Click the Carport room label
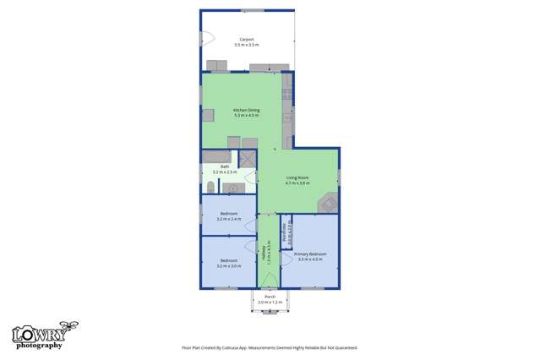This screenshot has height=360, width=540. [x=248, y=39]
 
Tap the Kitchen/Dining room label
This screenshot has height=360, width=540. [x=247, y=111]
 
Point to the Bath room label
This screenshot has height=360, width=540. [x=225, y=166]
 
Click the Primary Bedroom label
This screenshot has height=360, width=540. [x=310, y=254]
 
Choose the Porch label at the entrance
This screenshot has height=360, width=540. [x=270, y=297]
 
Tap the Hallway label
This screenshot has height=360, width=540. [x=269, y=252]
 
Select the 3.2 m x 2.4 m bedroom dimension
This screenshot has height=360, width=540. [x=228, y=219]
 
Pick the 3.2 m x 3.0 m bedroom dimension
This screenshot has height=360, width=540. [x=228, y=265]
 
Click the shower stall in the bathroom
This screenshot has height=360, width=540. [x=248, y=158]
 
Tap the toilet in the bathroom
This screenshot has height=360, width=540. [x=210, y=187]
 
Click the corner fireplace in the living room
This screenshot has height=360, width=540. [x=328, y=203]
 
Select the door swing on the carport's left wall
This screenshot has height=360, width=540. [x=208, y=38]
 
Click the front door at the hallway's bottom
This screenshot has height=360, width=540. [x=269, y=280]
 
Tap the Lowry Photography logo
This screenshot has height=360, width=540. [x=40, y=336]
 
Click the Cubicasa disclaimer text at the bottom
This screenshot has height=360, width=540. [x=270, y=347]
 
